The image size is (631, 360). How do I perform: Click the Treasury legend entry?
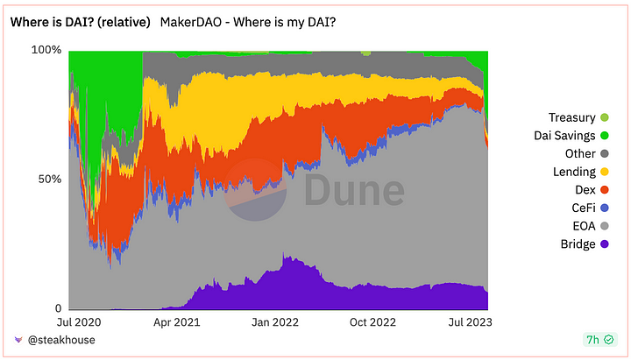point(571,117)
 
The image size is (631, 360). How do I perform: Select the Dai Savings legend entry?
point(564,136)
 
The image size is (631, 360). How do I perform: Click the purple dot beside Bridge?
point(604,244)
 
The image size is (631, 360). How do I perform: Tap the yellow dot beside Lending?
point(604,172)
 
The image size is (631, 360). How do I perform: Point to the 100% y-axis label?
point(46,50)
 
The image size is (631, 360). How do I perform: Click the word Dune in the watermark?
point(354,192)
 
